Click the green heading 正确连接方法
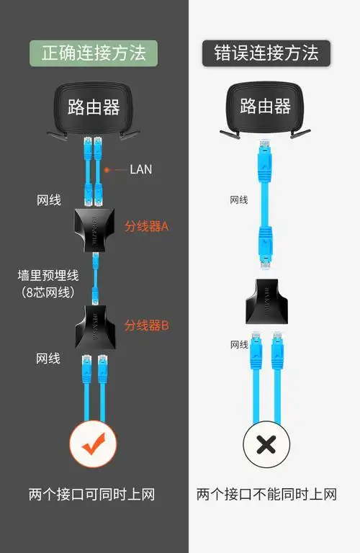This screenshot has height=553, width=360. tap(94, 53)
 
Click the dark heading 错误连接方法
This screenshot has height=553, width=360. tap(266, 53)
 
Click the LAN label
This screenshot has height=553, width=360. tap(141, 170)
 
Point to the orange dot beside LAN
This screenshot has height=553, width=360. tap(107, 170)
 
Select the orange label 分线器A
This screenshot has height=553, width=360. tap(146, 226)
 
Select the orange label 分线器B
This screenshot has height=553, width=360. tap(146, 325)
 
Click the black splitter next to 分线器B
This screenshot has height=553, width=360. tap(94, 327)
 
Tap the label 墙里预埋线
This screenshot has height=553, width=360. tap(48, 276)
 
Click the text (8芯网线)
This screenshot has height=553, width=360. tap(48, 292)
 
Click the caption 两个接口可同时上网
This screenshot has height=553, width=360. tap(92, 495)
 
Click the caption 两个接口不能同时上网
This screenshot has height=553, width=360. tap(266, 495)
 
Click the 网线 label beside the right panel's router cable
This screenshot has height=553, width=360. tap(239, 199)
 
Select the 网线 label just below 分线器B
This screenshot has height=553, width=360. tap(48, 358)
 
